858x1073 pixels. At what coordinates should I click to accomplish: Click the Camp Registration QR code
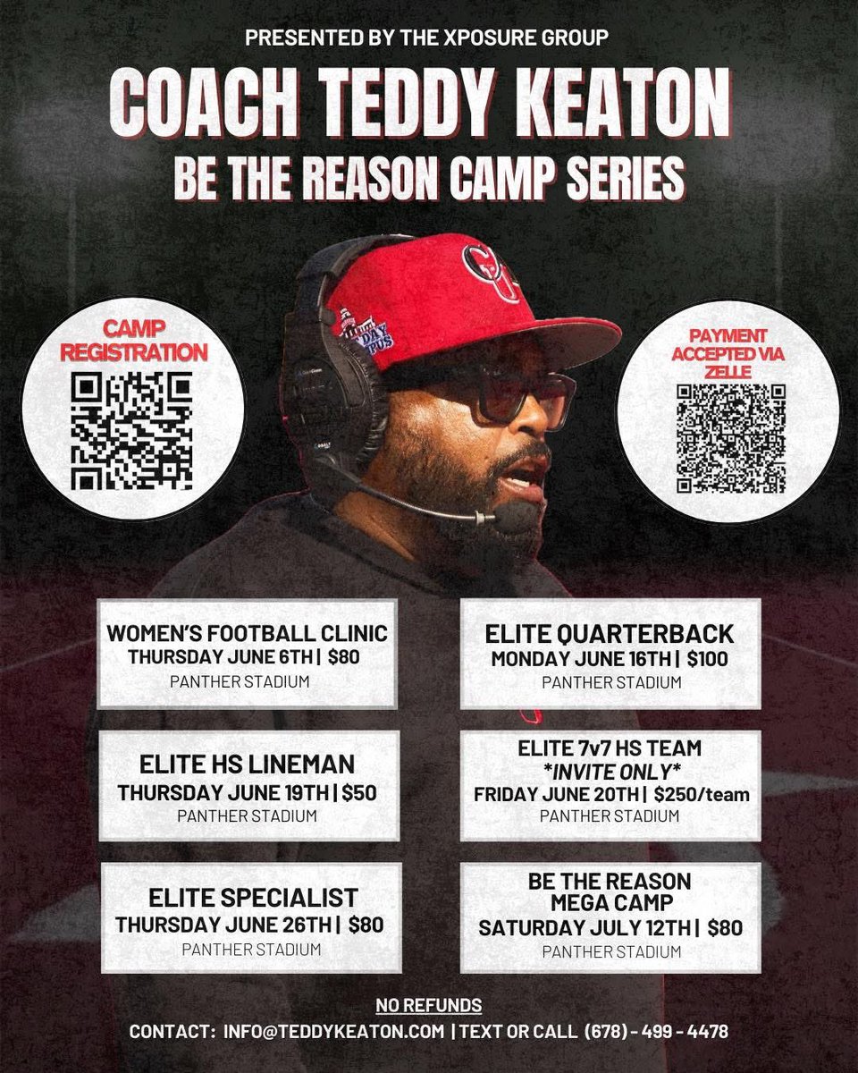[x=131, y=432]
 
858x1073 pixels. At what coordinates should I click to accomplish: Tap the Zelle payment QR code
[x=730, y=438]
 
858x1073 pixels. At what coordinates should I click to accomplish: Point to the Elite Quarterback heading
[x=610, y=634]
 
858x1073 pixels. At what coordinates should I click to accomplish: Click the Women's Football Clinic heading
[x=247, y=634]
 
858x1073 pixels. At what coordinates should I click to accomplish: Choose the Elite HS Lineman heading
[x=247, y=765]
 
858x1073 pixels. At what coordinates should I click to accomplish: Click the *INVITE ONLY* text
[x=610, y=771]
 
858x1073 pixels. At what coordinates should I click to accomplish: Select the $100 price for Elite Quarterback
[x=707, y=660]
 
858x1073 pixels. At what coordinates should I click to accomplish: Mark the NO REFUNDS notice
[x=428, y=1005]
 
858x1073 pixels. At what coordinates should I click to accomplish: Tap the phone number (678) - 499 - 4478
[x=656, y=1031]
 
